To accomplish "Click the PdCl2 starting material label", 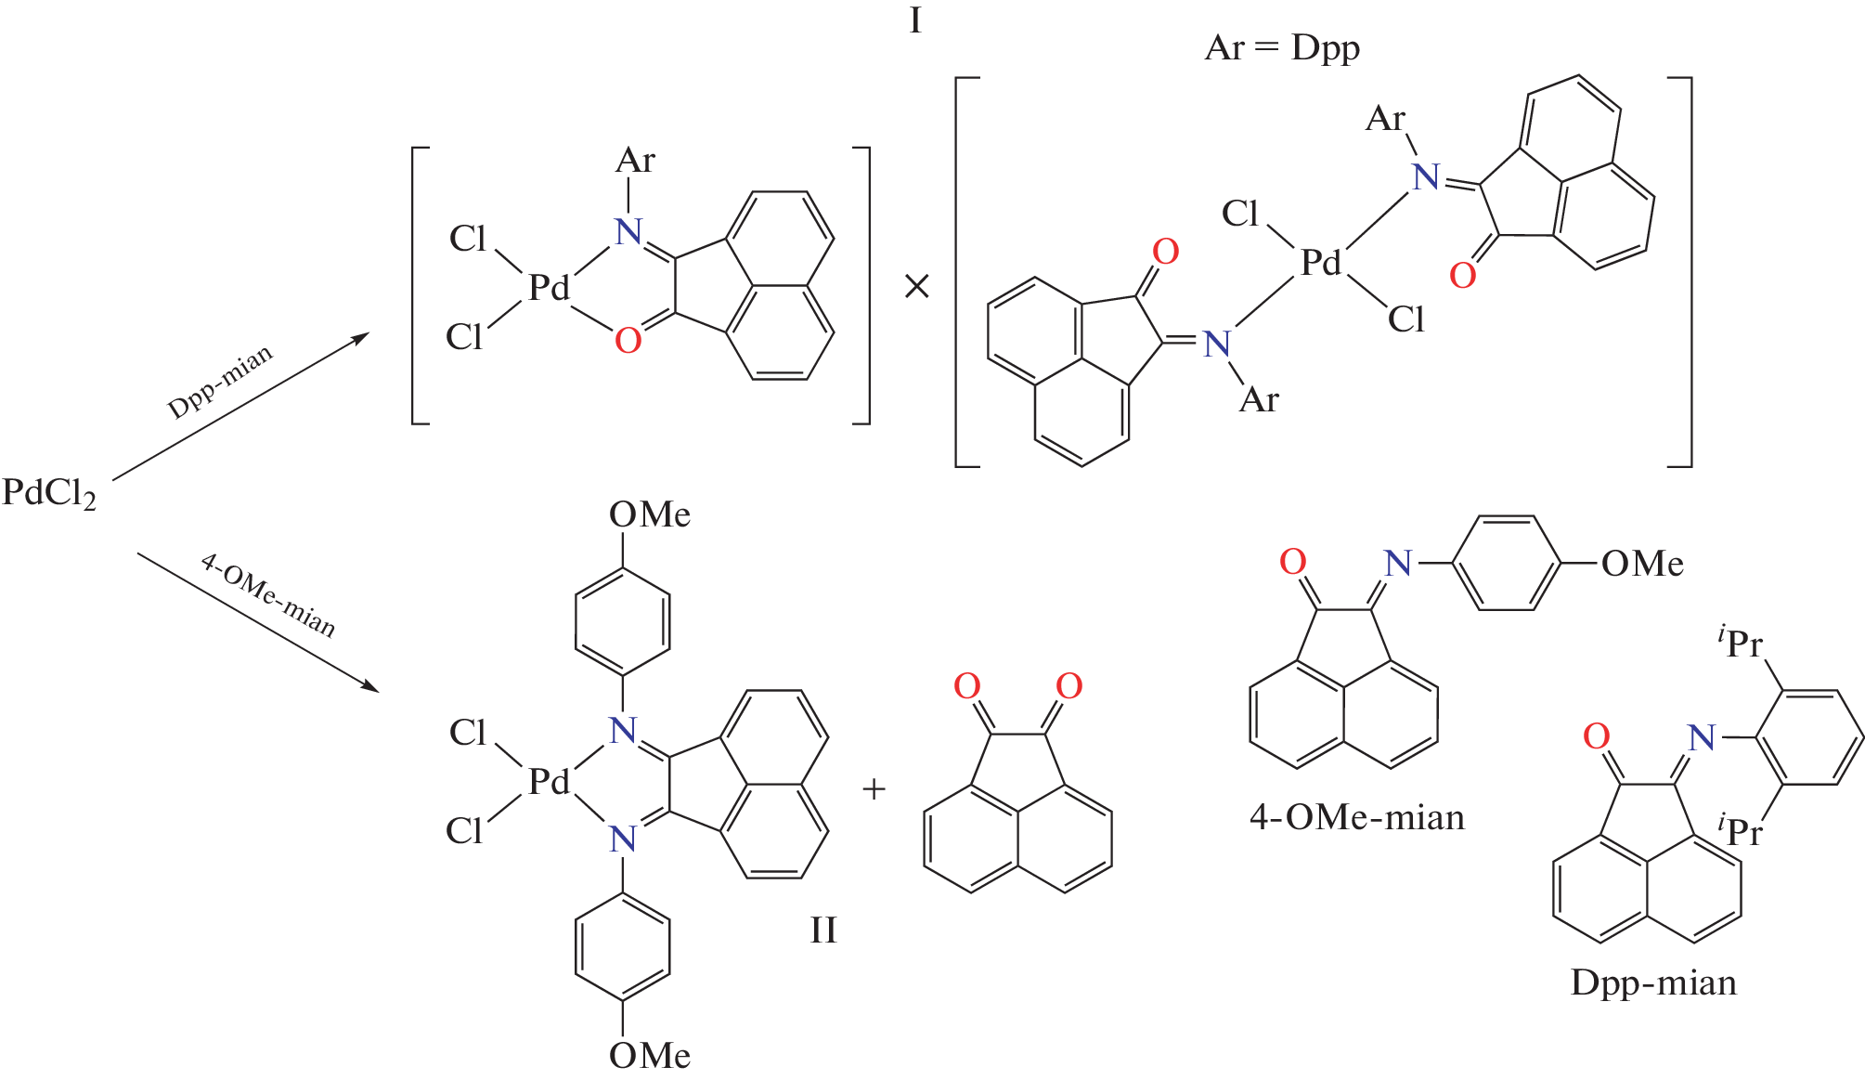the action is click(x=49, y=493).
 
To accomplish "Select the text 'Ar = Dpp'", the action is click(x=1282, y=47).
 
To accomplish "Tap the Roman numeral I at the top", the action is click(x=915, y=20).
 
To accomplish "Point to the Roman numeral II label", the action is click(x=823, y=930).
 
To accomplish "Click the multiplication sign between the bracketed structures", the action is click(x=916, y=286).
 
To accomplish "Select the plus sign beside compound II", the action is click(x=874, y=789).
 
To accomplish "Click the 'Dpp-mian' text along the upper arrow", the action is click(x=220, y=382).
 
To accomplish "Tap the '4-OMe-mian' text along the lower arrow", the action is click(x=268, y=595).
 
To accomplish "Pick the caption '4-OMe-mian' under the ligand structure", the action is click(x=1357, y=817).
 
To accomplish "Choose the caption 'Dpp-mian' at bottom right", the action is click(x=1653, y=982).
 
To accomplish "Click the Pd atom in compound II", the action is click(x=549, y=781).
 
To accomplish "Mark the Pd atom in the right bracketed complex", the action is click(x=1321, y=262).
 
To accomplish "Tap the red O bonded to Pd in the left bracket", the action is click(x=628, y=341).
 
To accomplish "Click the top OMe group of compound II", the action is click(x=650, y=514).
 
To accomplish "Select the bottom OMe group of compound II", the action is click(x=650, y=1055).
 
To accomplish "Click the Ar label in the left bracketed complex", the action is click(x=635, y=161).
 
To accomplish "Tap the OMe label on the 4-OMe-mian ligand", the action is click(x=1642, y=564).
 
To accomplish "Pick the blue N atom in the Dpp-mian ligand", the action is click(x=1701, y=738).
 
